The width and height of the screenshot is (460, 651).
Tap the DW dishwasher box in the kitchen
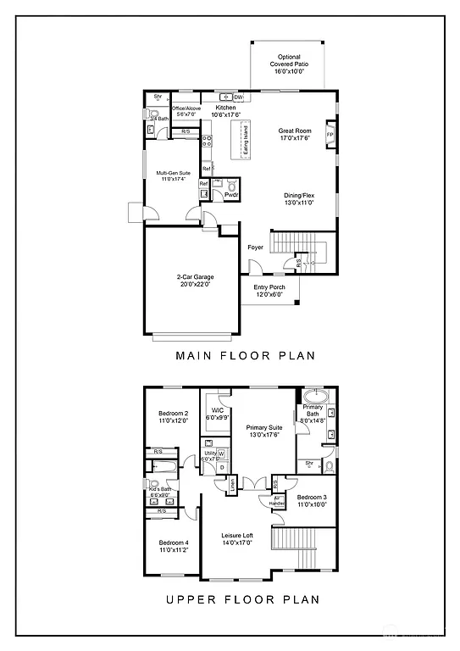coord(238,97)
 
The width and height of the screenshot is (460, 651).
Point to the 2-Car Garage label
coord(194,281)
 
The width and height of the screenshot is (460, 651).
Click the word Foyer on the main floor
coord(255,248)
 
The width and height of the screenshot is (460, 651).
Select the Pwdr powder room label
coord(230,195)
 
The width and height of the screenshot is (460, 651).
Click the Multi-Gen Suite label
coord(172,175)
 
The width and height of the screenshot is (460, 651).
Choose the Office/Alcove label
coord(186,111)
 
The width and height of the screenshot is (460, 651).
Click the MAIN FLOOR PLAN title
coord(245,356)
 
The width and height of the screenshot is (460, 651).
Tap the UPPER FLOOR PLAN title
coord(242,599)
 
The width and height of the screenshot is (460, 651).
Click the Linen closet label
coord(231,486)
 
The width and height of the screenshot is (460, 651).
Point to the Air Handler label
coord(277,501)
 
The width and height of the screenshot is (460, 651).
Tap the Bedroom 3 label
coord(312,498)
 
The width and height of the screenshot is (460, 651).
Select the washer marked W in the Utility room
coord(222,453)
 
